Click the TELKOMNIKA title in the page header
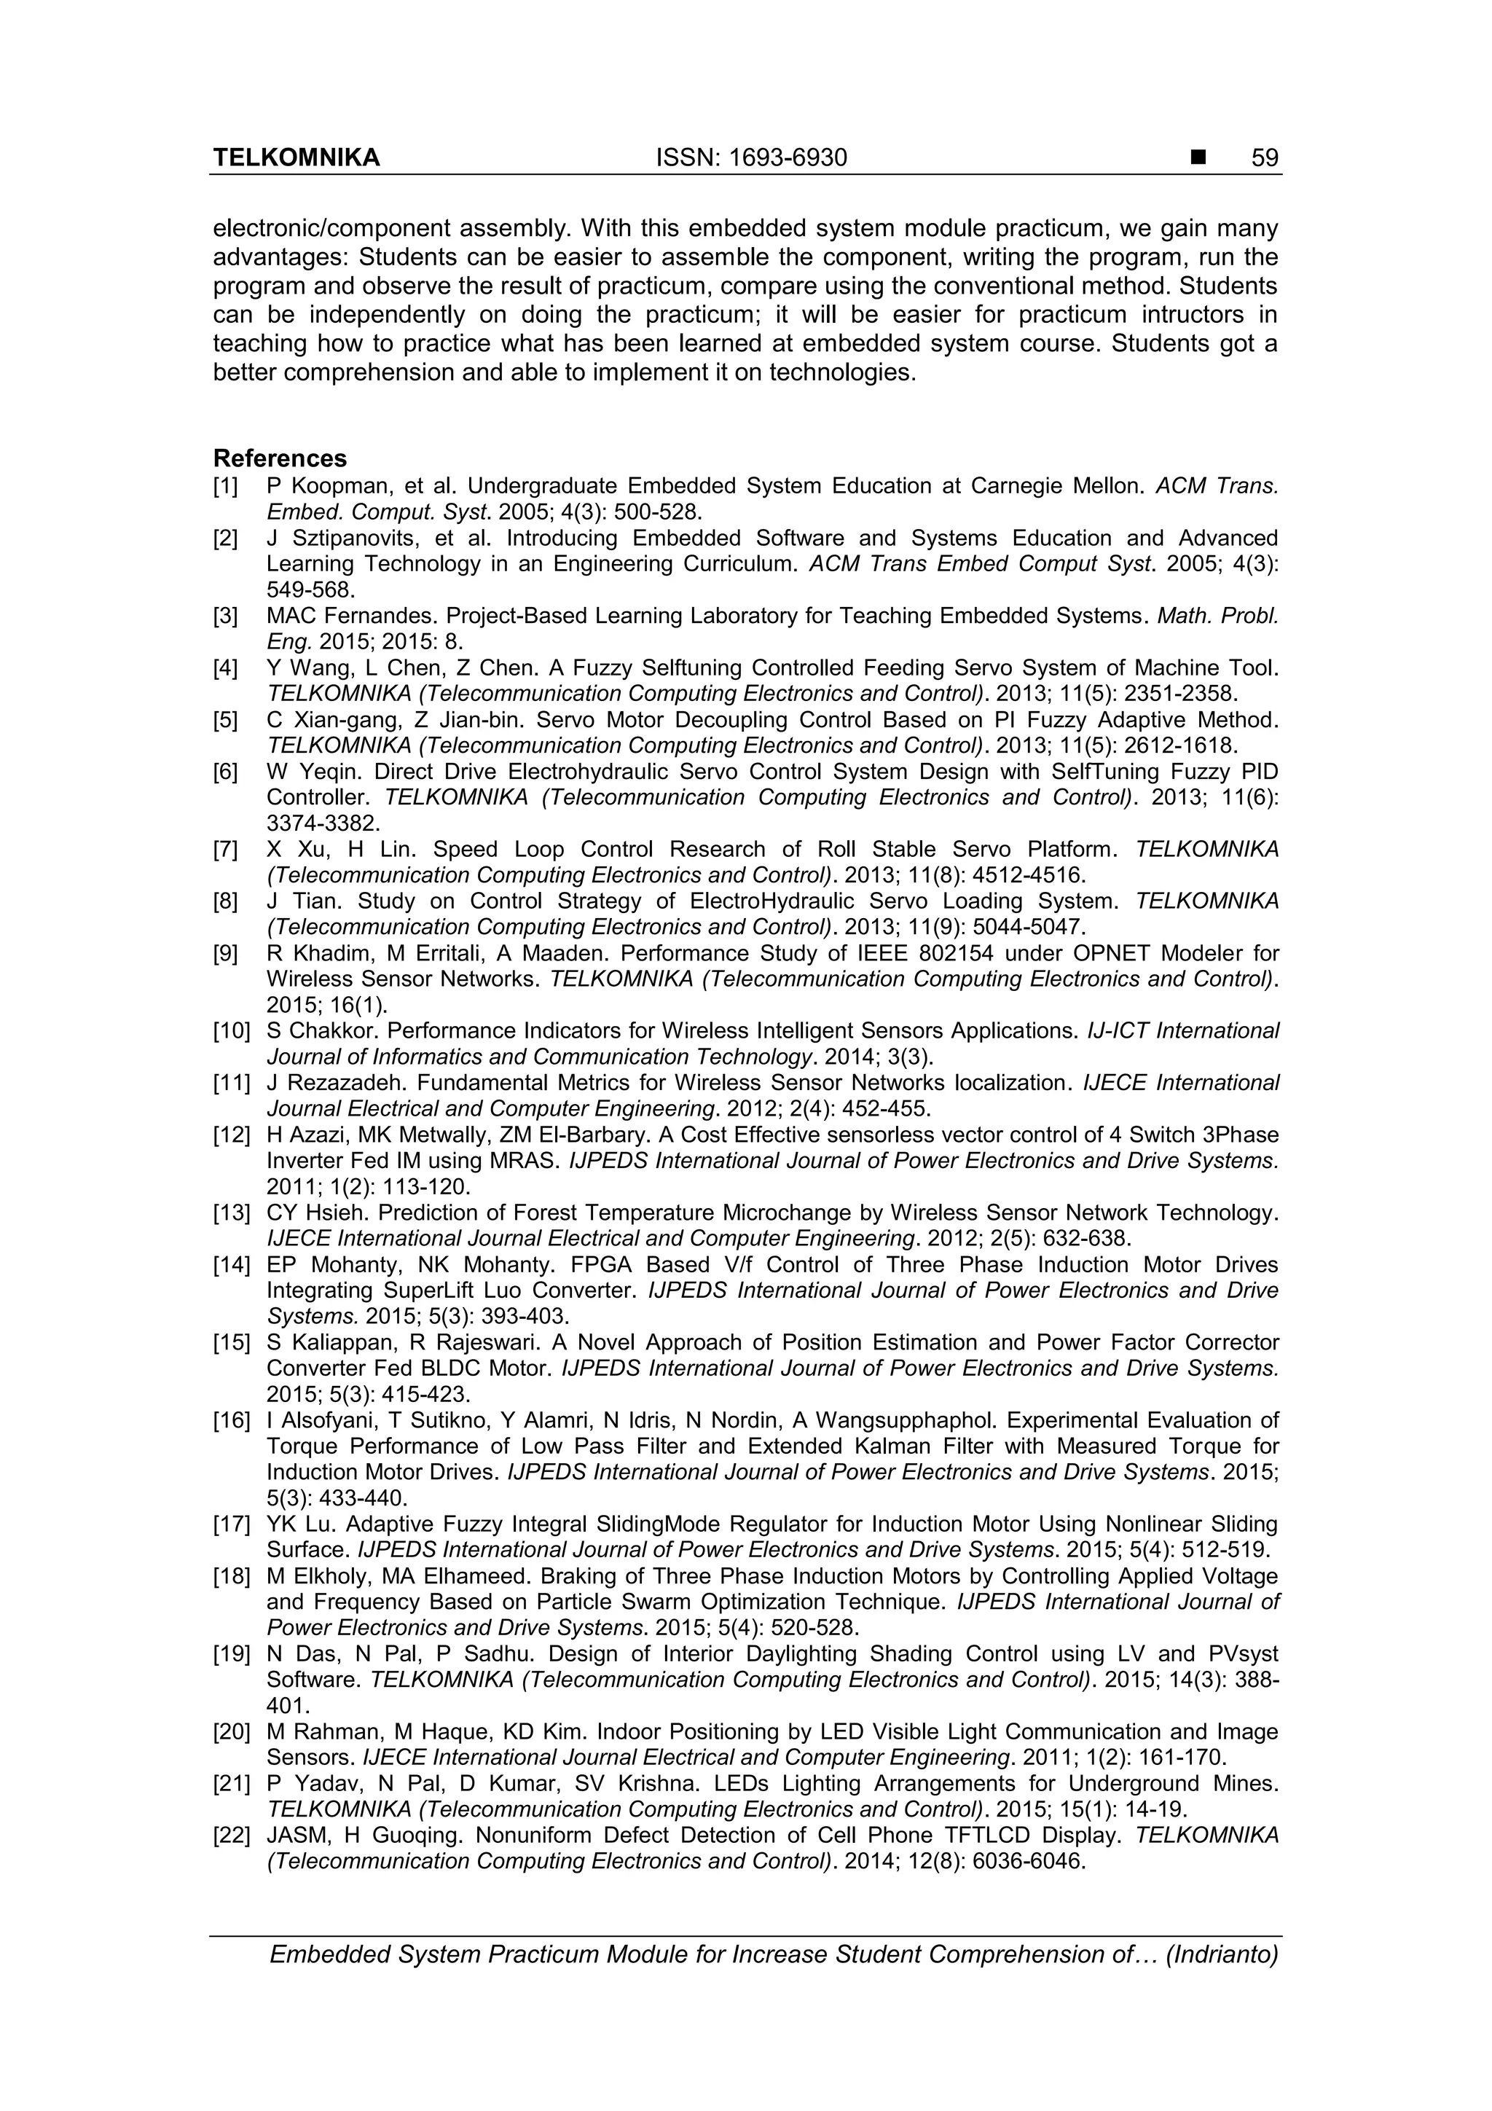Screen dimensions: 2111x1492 296,158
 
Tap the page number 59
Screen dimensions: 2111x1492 1265,158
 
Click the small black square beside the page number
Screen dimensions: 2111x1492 1198,159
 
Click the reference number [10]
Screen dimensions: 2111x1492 231,1030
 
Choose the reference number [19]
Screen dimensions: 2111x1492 231,1654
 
